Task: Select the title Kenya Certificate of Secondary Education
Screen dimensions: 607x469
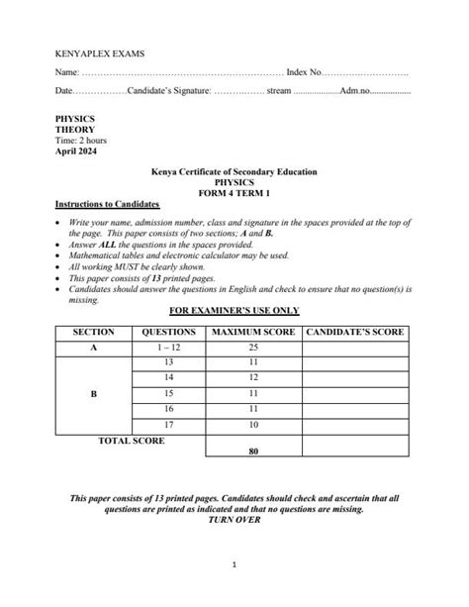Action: pos(234,172)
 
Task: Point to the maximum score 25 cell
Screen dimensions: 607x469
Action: pos(251,348)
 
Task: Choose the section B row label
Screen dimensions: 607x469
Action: pos(94,393)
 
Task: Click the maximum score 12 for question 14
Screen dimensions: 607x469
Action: pos(251,378)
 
